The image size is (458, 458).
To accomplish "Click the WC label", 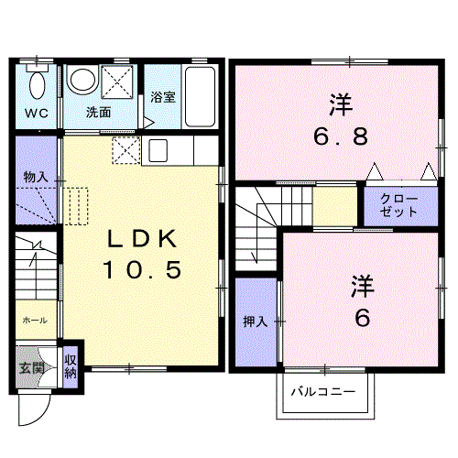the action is tap(37, 114).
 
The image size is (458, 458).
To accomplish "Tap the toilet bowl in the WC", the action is tap(38, 85).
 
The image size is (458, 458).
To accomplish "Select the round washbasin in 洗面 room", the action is tap(82, 79).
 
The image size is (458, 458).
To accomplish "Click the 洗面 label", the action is tap(98, 113).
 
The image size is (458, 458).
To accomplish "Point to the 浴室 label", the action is tap(163, 97).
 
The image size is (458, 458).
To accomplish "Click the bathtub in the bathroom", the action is tap(200, 96).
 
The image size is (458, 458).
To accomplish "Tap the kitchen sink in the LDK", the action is tap(158, 150).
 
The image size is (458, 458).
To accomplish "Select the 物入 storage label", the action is tap(36, 177).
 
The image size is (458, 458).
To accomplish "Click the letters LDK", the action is tap(142, 238).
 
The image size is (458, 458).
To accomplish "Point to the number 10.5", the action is tap(142, 270).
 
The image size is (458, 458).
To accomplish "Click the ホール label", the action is tap(35, 321).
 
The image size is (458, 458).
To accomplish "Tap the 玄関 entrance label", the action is tap(32, 368).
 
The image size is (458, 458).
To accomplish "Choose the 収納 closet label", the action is tap(71, 366).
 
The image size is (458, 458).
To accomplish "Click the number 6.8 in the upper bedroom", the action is tap(341, 136).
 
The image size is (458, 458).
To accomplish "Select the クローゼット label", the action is tap(398, 205).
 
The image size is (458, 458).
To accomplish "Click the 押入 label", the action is tap(256, 322).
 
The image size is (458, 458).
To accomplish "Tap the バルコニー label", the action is tap(323, 391).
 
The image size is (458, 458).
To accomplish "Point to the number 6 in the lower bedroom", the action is tap(363, 318).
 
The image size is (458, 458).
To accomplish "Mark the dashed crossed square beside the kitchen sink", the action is tap(126, 150).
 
